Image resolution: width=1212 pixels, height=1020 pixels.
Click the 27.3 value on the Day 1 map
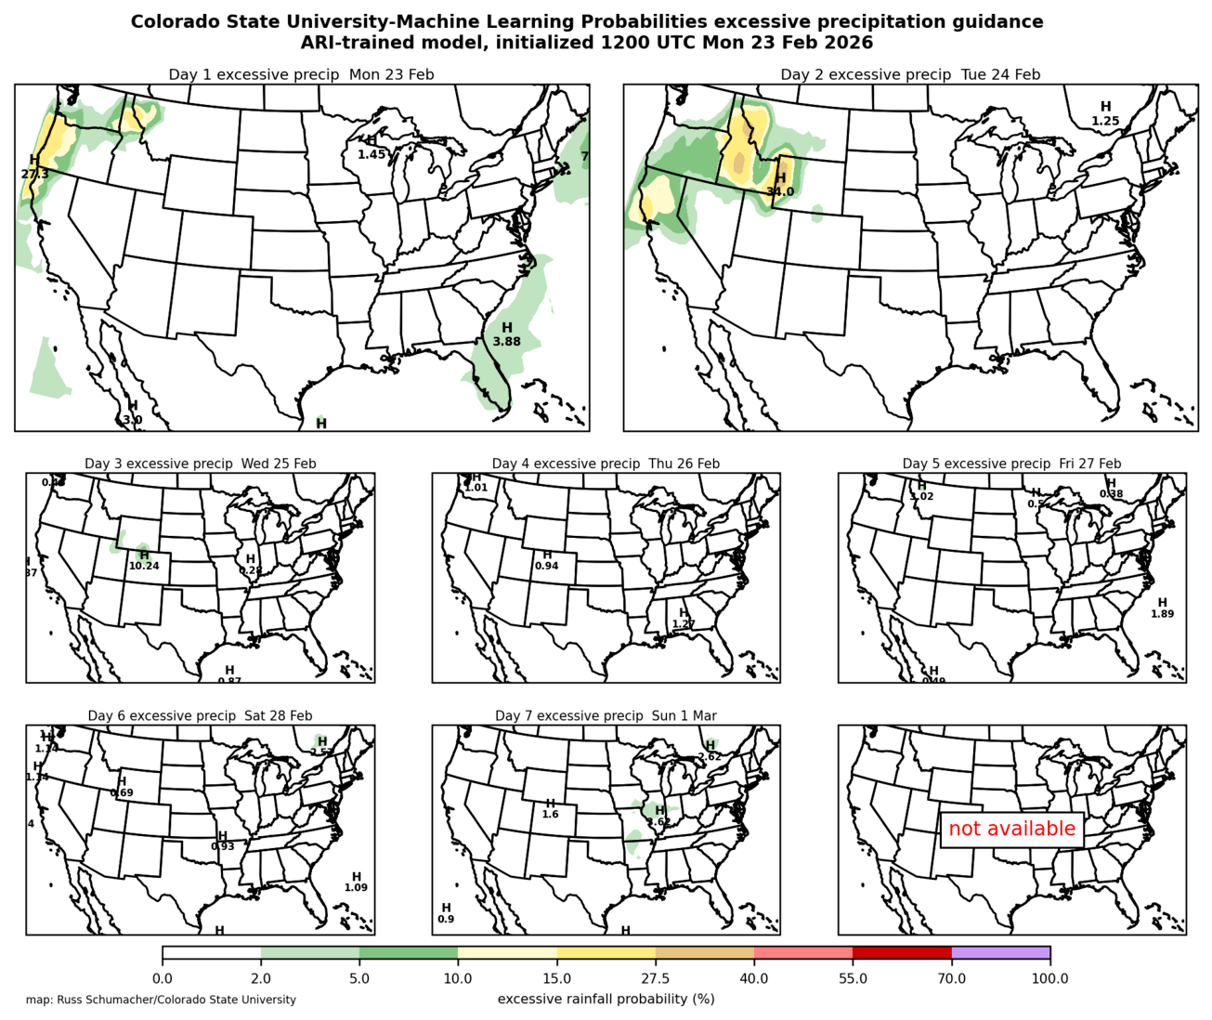35,174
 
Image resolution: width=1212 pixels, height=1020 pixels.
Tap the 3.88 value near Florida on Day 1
506,342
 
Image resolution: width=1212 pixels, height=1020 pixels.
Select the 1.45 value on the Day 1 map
371,154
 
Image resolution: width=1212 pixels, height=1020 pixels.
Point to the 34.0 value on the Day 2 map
780,191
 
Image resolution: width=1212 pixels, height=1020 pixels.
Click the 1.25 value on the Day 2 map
1105,121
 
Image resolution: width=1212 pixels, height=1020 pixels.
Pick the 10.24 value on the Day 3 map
144,566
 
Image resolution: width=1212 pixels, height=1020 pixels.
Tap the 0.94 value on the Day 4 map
547,566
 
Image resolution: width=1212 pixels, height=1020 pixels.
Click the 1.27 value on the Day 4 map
684,624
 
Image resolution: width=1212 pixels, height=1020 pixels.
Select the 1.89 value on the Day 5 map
1163,614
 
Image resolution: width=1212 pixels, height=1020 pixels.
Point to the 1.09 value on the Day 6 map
356,888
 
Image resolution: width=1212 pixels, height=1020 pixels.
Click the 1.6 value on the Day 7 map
550,815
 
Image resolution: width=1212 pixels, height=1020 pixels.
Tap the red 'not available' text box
1011,829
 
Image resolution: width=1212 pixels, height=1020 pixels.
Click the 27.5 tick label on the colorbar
656,978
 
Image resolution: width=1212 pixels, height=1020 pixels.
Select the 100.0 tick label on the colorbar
1049,978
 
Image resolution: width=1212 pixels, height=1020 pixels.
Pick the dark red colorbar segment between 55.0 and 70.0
902,953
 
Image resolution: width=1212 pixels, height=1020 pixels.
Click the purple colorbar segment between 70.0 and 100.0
1000,953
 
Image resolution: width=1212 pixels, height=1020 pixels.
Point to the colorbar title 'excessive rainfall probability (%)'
606,999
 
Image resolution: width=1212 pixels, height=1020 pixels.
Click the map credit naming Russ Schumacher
162,1000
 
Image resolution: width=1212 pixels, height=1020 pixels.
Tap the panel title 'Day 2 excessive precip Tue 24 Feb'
910,74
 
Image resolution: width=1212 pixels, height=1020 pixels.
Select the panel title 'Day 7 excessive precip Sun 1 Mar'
606,715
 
